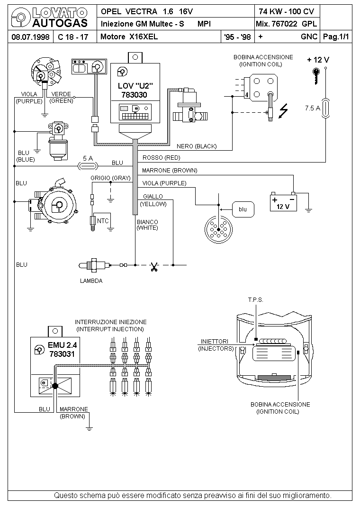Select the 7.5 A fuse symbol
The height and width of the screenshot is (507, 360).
(x=325, y=108)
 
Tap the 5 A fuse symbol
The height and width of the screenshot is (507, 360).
(x=88, y=166)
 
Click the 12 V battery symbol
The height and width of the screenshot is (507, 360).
(x=283, y=202)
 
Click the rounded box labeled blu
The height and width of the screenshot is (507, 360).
(x=243, y=209)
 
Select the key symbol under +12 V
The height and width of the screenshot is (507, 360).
(x=316, y=76)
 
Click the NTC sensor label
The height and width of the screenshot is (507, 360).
(x=103, y=221)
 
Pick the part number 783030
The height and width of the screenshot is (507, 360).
(x=134, y=95)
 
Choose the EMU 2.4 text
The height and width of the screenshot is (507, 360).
(x=63, y=345)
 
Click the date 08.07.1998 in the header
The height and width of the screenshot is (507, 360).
(x=30, y=37)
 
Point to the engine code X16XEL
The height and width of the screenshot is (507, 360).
(x=144, y=36)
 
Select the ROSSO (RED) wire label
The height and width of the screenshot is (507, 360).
(x=161, y=158)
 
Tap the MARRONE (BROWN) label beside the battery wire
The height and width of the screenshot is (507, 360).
(x=169, y=171)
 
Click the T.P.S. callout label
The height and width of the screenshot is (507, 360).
(x=256, y=300)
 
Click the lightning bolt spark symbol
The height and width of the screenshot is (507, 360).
(x=283, y=110)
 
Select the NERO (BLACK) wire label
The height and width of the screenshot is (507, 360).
(x=197, y=146)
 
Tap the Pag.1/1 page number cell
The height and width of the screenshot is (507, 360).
(x=336, y=36)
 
